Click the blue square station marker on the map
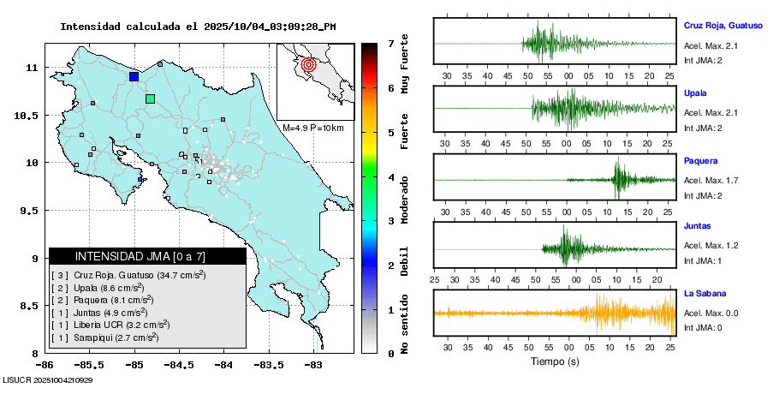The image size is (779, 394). (x=134, y=76)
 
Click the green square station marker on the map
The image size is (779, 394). (x=151, y=99)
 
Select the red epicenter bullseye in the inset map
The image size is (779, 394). (x=310, y=63)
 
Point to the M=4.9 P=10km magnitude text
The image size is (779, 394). (x=312, y=128)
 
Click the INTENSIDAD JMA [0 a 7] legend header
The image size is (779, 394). (x=140, y=256)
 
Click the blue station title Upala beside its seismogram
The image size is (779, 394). (x=695, y=92)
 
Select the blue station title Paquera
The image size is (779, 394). (x=700, y=160)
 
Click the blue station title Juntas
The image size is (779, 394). (x=698, y=226)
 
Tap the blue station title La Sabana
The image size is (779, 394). (x=704, y=293)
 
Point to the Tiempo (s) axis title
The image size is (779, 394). (x=555, y=361)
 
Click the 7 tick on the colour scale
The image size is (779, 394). (x=390, y=43)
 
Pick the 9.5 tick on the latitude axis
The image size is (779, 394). (x=29, y=211)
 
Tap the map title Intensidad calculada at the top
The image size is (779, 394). (x=198, y=27)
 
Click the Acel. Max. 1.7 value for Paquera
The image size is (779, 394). (x=711, y=180)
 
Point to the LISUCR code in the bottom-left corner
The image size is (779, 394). (x=48, y=380)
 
